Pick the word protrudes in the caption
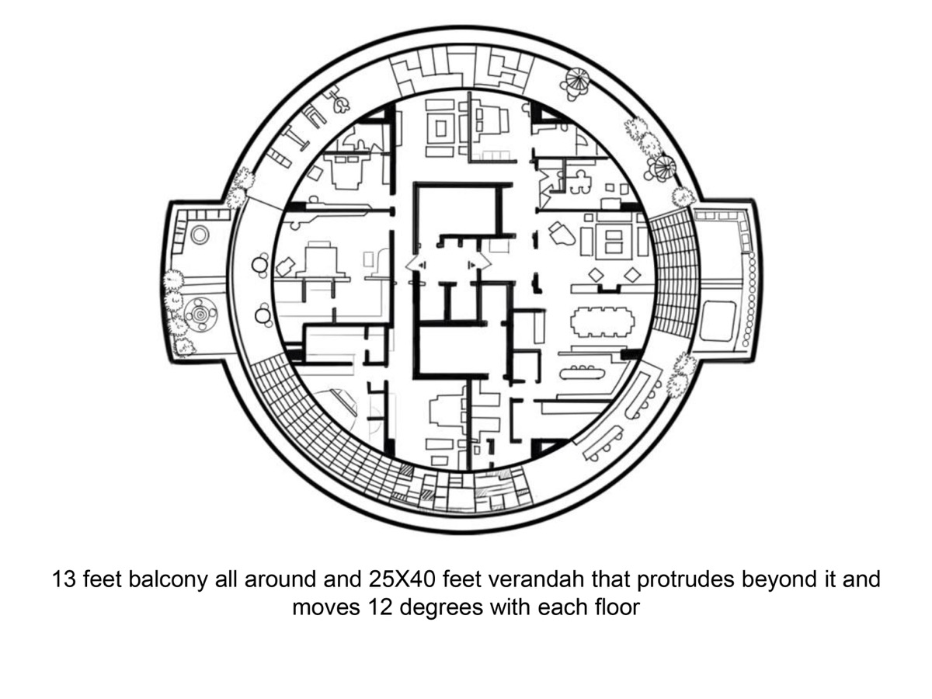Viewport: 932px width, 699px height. (685, 580)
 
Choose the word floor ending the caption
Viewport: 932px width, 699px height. (617, 607)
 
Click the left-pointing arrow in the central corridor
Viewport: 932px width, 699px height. (416, 266)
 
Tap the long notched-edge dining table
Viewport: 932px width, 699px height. (602, 322)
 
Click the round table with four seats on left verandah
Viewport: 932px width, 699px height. (200, 314)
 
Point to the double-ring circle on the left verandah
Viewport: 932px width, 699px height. (200, 235)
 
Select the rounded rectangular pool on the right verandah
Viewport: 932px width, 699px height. (717, 321)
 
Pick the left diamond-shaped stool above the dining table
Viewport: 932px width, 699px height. (597, 275)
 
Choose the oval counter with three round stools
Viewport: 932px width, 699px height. (582, 373)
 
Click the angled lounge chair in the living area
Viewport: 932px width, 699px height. (562, 235)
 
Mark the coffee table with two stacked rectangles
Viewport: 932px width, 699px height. (614, 242)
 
